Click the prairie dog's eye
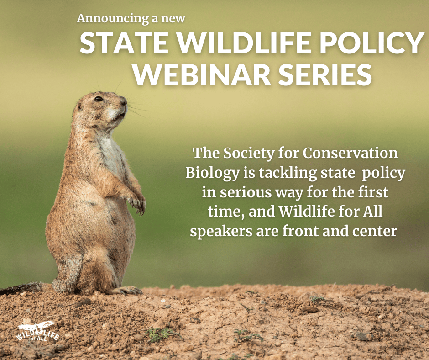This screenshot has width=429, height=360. [99, 99]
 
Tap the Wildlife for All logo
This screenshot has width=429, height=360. [37, 332]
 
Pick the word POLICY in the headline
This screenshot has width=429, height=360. [371, 43]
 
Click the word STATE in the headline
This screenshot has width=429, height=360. [124, 43]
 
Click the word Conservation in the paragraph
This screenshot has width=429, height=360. [350, 153]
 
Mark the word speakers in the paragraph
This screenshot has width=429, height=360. [221, 232]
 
